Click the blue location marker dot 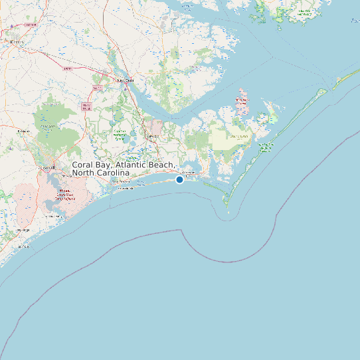click(x=179, y=179)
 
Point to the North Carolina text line click(x=100, y=173)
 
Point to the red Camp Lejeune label click(x=64, y=194)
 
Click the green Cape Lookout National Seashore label click(x=265, y=147)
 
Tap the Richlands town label click(x=24, y=132)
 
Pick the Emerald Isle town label click(x=126, y=189)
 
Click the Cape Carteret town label click(x=120, y=181)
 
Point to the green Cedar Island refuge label click(x=305, y=13)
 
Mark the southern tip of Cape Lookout click(x=228, y=214)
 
